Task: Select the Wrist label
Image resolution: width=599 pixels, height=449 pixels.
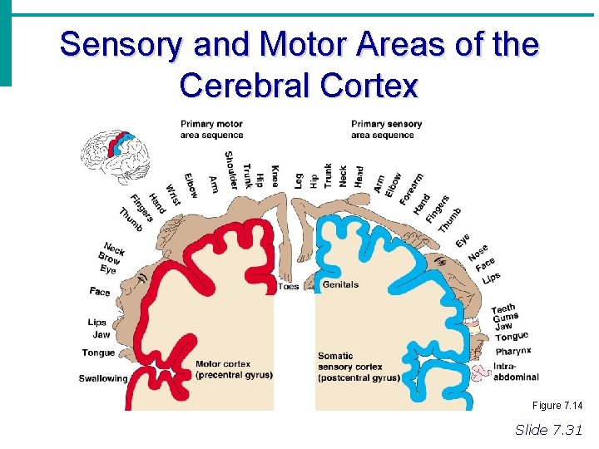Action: click(x=173, y=195)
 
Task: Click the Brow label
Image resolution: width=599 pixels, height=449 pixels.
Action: click(x=110, y=259)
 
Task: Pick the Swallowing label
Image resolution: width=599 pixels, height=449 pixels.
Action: click(x=103, y=378)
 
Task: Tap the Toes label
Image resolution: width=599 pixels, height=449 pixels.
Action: click(x=288, y=286)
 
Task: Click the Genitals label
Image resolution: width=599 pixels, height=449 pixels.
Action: click(x=340, y=284)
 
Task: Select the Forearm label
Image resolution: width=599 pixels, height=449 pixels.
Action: click(x=409, y=189)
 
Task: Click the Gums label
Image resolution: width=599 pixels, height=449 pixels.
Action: click(x=505, y=318)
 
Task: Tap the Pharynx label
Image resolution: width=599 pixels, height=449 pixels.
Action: click(x=512, y=351)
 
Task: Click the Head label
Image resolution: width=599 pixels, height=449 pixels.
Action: click(x=359, y=176)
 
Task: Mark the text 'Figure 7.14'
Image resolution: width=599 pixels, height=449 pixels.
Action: click(x=557, y=405)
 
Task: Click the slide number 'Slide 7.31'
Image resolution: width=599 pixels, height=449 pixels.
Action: click(x=549, y=429)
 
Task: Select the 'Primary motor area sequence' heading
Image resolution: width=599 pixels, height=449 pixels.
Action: click(x=211, y=130)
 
